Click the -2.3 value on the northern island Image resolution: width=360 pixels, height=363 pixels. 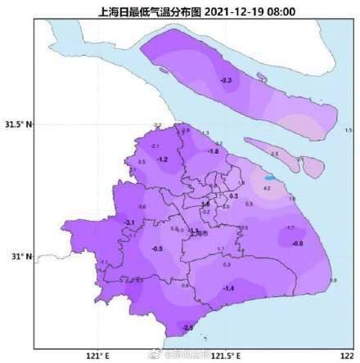(x=227, y=79)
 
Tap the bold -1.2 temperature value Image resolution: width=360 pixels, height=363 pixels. (x=162, y=159)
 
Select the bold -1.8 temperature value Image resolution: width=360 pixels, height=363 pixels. (x=214, y=152)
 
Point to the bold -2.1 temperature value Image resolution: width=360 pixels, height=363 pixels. (x=128, y=222)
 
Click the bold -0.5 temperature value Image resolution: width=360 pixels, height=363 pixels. (x=157, y=249)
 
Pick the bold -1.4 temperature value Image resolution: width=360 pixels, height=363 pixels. (x=229, y=289)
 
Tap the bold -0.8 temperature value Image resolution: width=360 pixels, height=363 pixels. (x=298, y=244)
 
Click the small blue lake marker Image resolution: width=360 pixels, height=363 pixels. (x=270, y=177)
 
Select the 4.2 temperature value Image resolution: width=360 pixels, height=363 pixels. (x=267, y=189)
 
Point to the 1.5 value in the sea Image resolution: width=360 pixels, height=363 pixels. (x=349, y=130)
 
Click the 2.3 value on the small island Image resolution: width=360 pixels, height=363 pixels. (x=275, y=154)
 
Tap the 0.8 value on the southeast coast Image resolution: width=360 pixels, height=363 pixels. (x=333, y=280)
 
